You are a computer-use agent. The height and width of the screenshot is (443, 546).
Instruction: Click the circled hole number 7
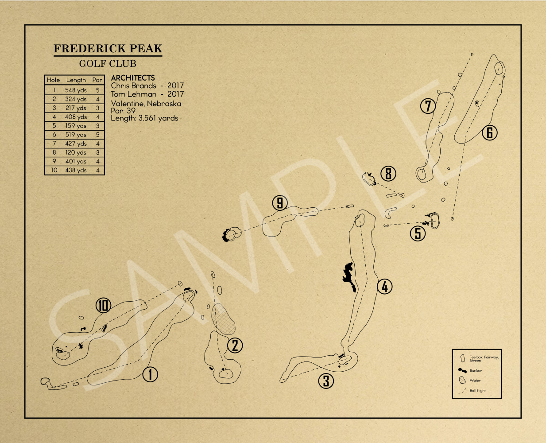click(428, 106)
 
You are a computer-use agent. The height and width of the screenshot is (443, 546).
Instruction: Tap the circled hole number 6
click(490, 132)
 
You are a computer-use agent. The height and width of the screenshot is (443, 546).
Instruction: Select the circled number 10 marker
click(103, 305)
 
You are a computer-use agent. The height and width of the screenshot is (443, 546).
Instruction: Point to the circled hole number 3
click(326, 381)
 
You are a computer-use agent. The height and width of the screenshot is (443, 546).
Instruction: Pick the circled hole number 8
click(388, 174)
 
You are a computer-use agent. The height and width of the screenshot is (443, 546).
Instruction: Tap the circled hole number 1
click(150, 374)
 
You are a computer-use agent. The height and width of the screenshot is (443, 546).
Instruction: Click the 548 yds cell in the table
click(76, 90)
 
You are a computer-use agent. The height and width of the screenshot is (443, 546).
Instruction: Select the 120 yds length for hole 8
click(76, 152)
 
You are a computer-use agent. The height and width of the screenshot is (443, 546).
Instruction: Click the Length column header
click(76, 80)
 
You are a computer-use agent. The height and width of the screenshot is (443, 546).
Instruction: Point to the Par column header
click(97, 80)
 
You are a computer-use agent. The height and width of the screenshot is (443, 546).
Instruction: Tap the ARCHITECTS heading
click(133, 78)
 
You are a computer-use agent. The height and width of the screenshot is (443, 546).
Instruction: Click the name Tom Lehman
click(134, 94)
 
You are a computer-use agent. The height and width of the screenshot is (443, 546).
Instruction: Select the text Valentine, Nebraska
click(146, 104)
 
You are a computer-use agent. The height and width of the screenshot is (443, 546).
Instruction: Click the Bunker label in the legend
click(476, 370)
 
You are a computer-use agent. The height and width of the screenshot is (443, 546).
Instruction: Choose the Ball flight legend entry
click(477, 391)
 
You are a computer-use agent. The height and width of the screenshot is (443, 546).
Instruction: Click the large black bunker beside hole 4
click(349, 276)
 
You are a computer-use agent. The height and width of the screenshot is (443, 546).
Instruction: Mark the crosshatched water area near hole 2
click(224, 319)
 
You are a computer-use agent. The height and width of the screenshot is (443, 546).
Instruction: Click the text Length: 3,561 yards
click(144, 118)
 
